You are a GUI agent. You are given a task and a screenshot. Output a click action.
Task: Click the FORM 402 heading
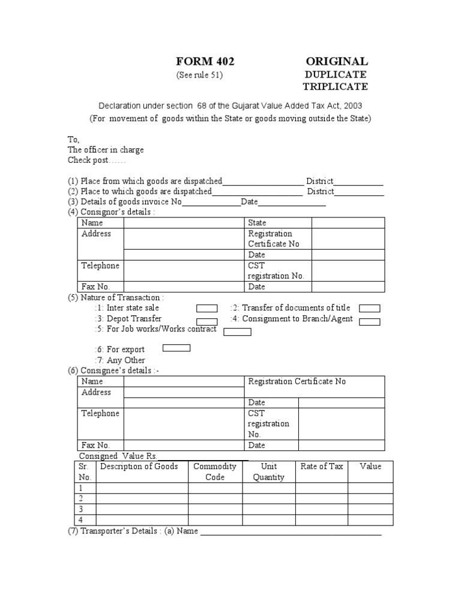coord(205,61)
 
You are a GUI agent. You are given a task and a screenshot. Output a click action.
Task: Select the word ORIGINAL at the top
coord(336,61)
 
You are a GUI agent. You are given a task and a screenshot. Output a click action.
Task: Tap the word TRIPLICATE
coord(334,87)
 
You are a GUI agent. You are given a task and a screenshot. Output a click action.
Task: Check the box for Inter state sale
coord(206,309)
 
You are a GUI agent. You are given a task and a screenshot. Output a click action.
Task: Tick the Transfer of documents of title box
coord(370,309)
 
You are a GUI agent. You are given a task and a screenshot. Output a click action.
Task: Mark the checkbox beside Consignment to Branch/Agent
coord(370,321)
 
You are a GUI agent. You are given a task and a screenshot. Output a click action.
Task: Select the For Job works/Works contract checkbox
coord(237,332)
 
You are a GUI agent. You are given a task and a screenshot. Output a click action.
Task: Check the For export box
coord(177,348)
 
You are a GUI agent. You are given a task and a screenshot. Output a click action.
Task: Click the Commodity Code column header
coord(215,471)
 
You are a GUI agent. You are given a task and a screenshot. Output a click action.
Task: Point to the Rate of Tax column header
coord(322,467)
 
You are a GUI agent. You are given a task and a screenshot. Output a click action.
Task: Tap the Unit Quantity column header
coord(268,471)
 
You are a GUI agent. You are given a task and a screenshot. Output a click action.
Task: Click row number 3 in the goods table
coord(81,509)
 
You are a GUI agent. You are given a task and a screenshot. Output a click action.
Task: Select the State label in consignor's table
coord(257,223)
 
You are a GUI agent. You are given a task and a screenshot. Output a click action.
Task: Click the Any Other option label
coord(119,360)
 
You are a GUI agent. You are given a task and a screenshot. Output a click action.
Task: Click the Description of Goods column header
coord(139,467)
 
